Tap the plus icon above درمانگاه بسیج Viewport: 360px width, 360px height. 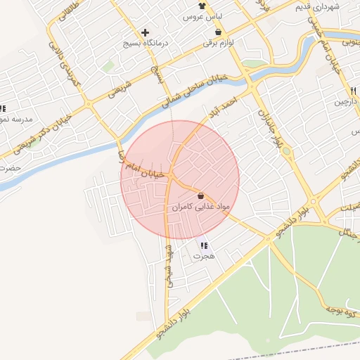coord(146,32)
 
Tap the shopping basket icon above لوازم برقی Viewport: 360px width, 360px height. coord(219,32)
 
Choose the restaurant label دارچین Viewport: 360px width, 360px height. coord(345,103)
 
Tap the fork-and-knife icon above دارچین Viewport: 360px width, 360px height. coord(352,92)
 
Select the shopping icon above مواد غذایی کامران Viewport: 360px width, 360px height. coord(201,195)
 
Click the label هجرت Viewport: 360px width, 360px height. coord(203,257)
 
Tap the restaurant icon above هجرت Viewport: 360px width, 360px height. coord(204,245)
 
